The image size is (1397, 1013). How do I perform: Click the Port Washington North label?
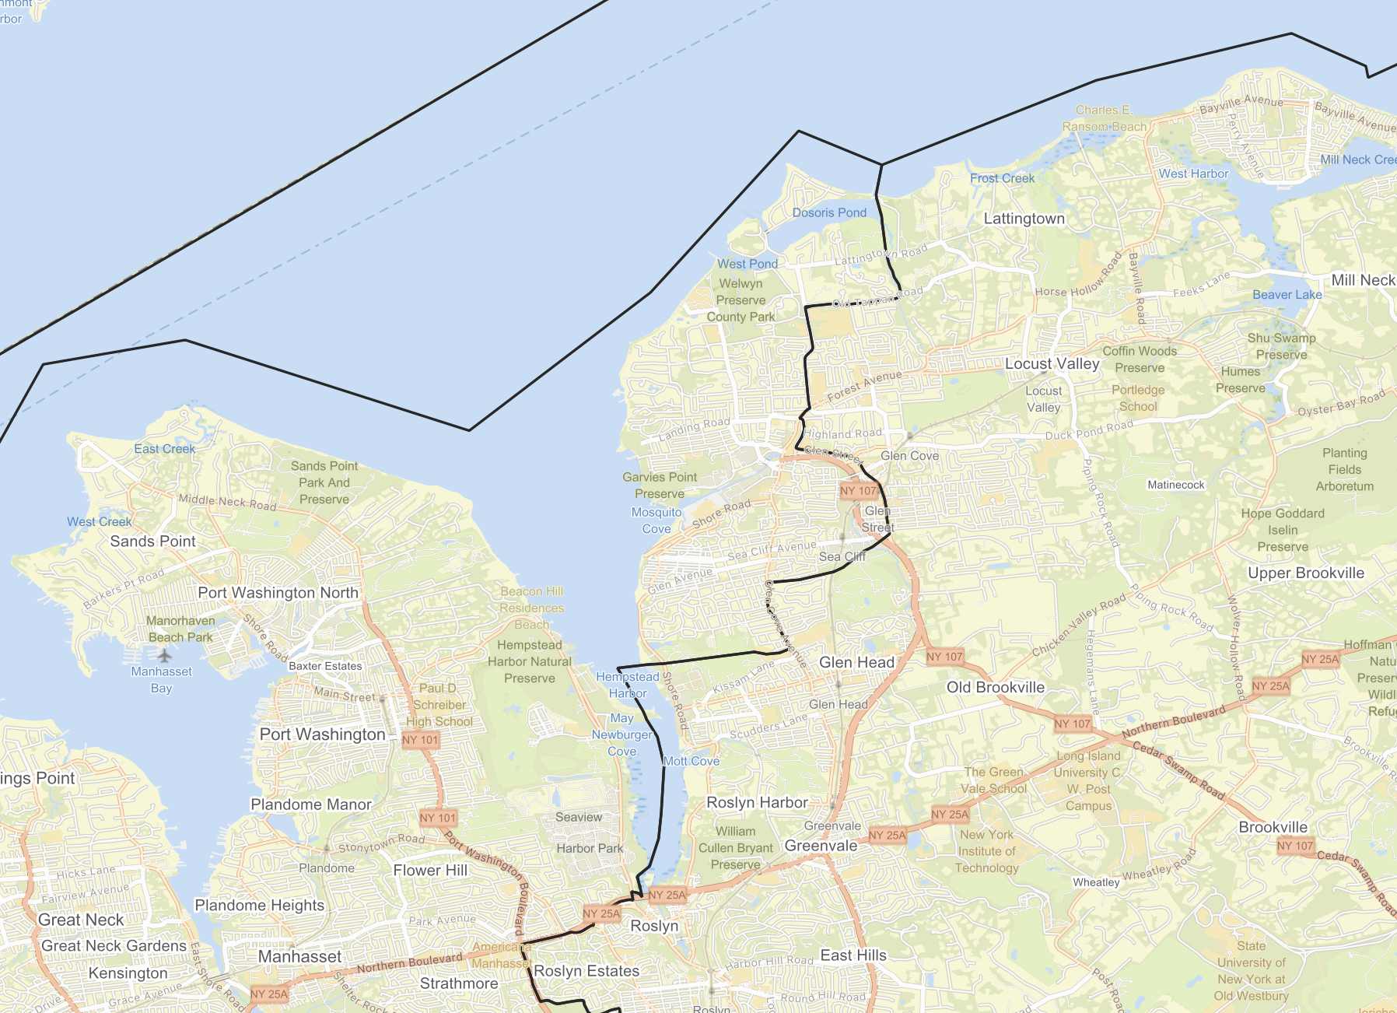278,593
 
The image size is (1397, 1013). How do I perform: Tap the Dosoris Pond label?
829,212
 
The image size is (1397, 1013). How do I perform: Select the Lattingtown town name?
1024,219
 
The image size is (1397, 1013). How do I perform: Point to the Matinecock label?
1176,485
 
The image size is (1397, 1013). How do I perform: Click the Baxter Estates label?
325,666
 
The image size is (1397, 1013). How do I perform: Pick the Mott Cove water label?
691,761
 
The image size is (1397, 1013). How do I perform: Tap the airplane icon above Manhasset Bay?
163,655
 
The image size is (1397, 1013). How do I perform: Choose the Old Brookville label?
995,687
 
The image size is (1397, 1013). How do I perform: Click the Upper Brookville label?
1306,573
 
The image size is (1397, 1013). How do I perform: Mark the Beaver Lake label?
1287,295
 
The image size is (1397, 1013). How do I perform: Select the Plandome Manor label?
311,804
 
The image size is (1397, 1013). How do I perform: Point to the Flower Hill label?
430,871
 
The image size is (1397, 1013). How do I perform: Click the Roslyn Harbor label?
757,803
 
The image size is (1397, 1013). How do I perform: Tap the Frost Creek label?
1002,178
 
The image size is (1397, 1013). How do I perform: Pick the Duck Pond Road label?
1089,430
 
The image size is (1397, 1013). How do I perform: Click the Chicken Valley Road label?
1079,626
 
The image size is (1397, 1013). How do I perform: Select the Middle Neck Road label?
227,502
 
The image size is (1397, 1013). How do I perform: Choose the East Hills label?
853,955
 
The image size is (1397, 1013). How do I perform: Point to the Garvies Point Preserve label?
660,485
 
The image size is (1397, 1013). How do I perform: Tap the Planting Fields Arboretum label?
1344,469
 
